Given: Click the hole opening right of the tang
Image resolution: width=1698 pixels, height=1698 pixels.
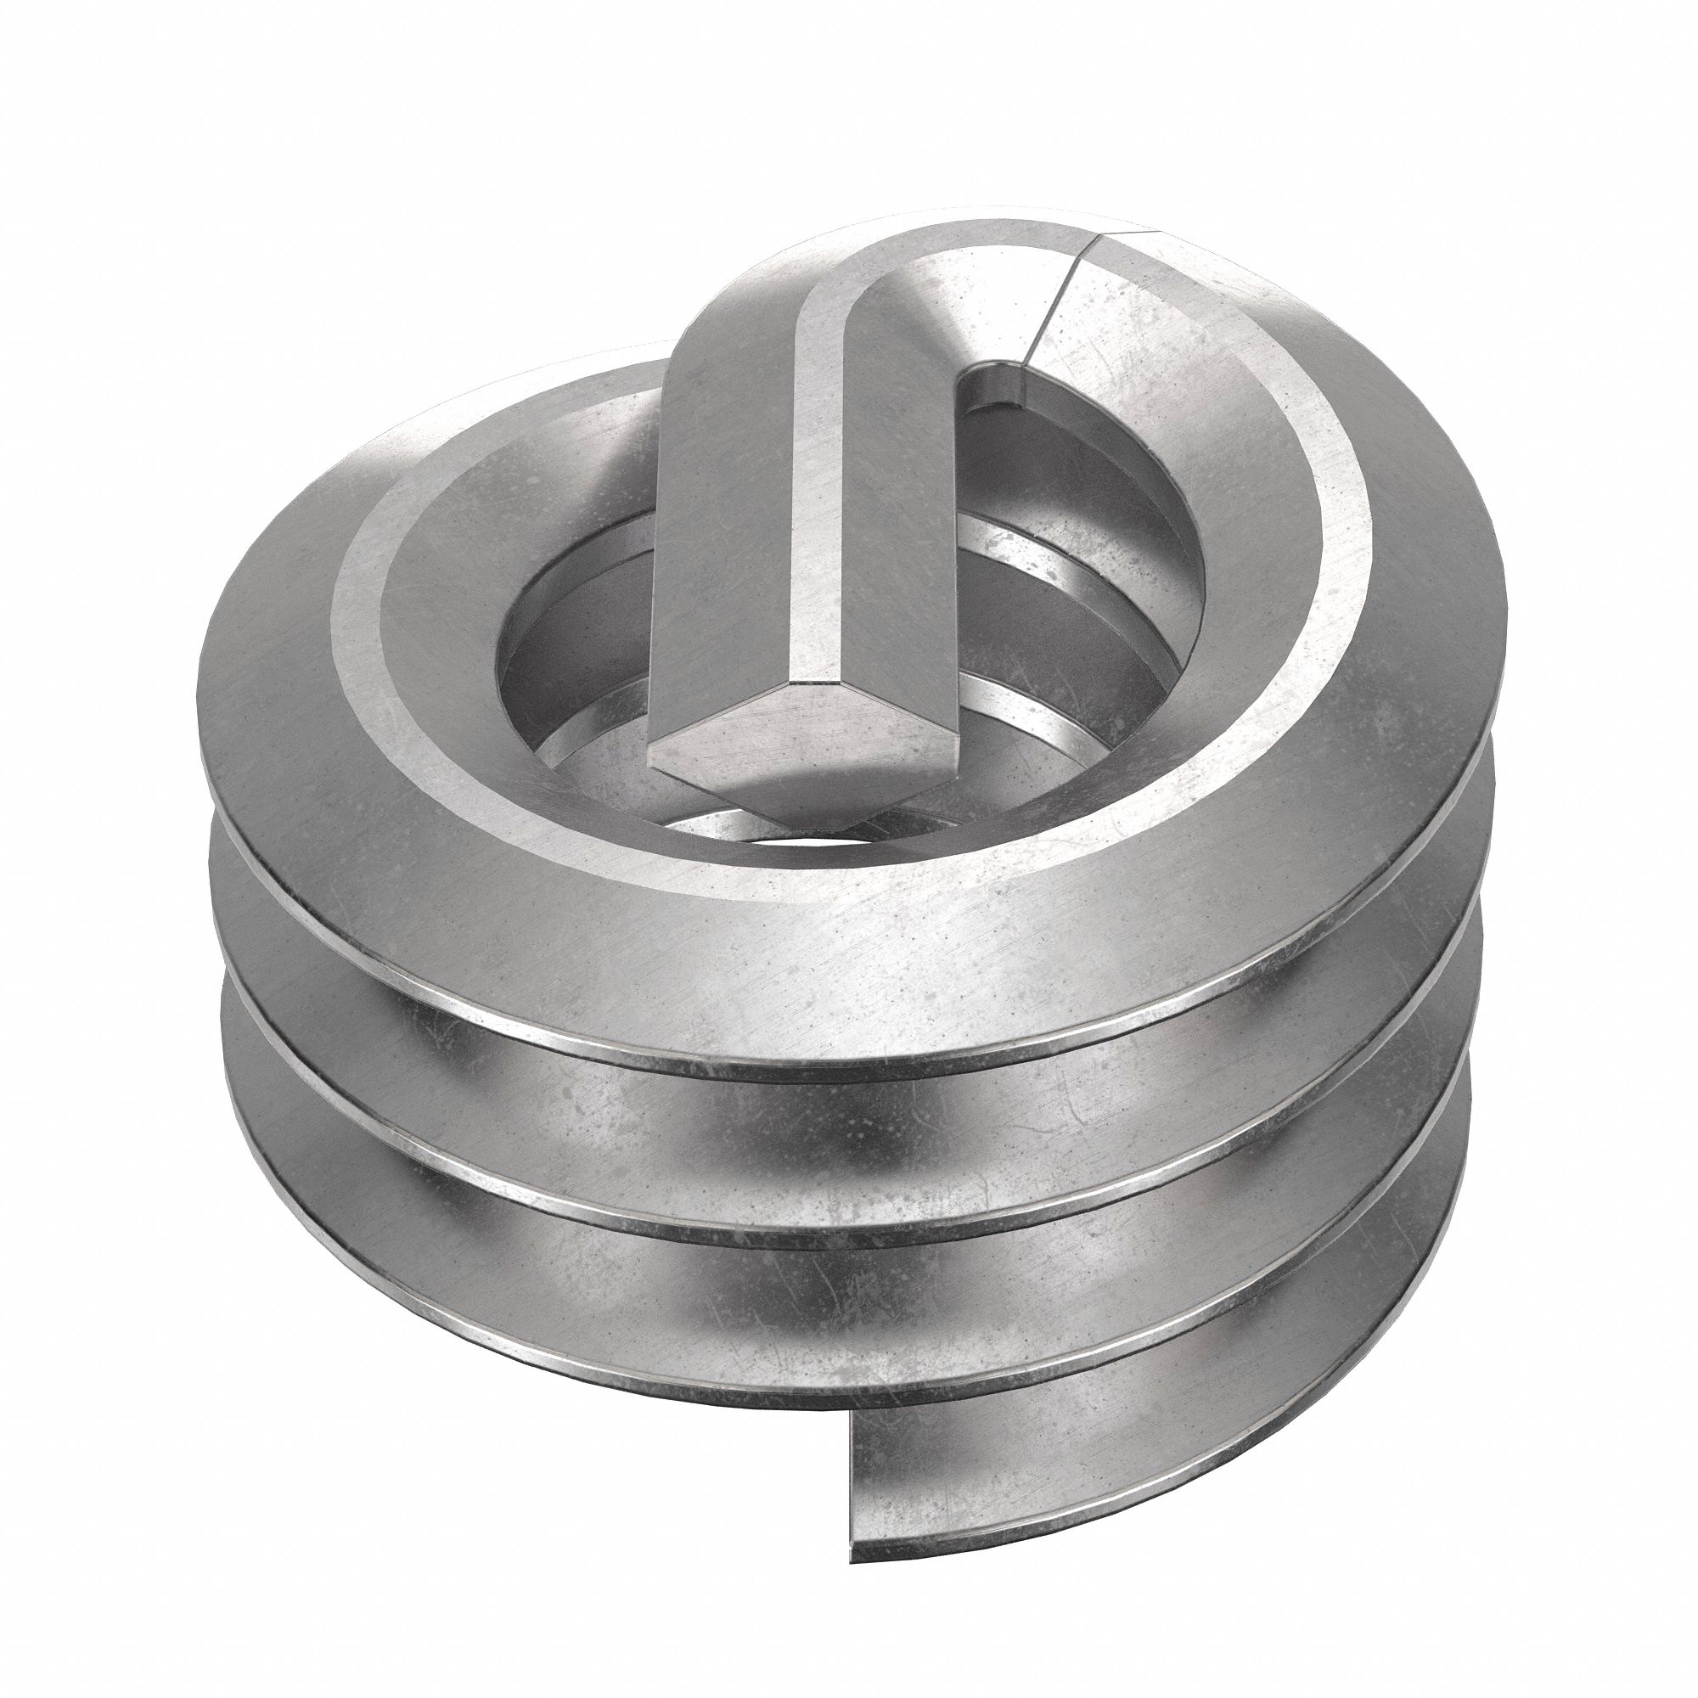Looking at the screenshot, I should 1081,492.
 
